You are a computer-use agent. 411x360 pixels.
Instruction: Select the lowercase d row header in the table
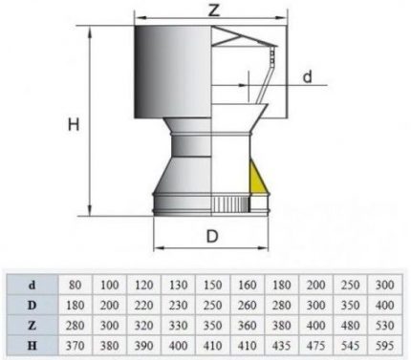click(31, 284)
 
